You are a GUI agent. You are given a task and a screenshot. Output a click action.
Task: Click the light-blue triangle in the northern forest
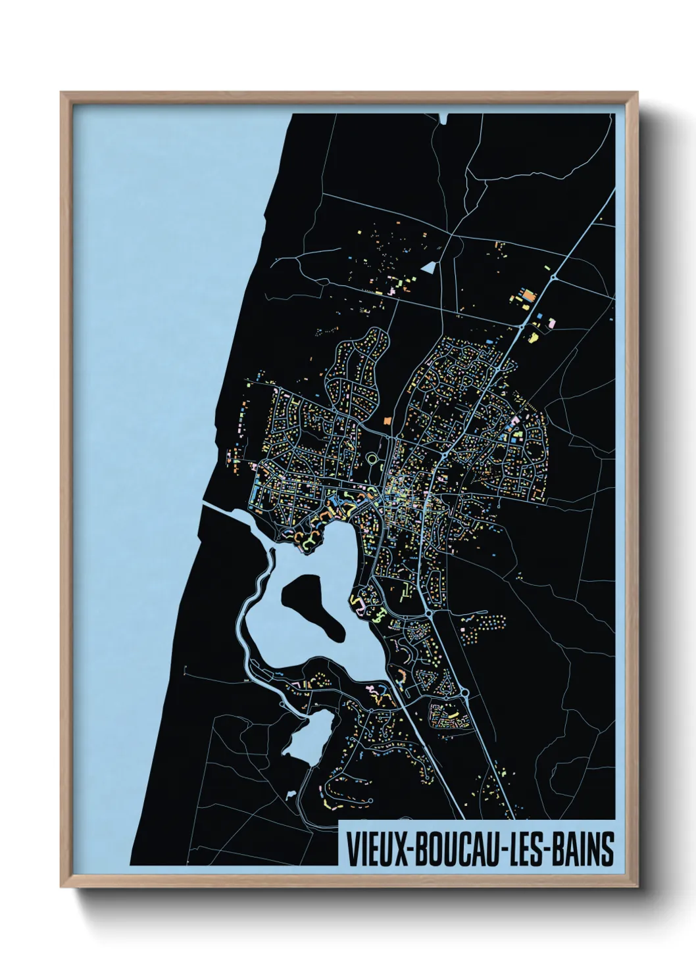(430, 267)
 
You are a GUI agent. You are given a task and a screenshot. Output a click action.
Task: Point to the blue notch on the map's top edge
(443, 118)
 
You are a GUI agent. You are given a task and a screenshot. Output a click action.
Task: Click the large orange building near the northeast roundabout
(527, 295)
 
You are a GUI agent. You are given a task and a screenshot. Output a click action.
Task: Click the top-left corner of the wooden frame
(61, 93)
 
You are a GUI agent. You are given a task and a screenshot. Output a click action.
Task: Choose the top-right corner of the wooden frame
(637, 93)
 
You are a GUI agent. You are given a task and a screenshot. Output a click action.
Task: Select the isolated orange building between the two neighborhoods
(387, 419)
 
